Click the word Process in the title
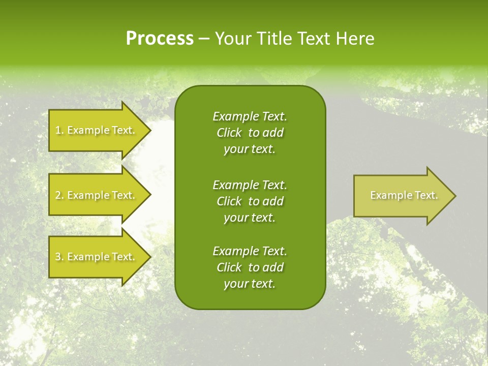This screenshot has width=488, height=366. pos(160,39)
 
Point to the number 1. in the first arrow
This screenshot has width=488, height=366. pos(59,130)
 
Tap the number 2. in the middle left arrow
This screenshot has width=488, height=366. pos(59,195)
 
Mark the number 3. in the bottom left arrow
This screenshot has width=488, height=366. pos(59,257)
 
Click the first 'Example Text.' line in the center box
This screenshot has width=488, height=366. pos(250,116)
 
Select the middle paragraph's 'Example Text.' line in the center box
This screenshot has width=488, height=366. pos(250,185)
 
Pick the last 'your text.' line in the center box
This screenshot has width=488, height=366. pos(250,284)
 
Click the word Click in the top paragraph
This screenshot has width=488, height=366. pos(229,133)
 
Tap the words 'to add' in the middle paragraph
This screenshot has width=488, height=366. pos(266,201)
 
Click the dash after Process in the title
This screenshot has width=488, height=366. pos(204,39)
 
